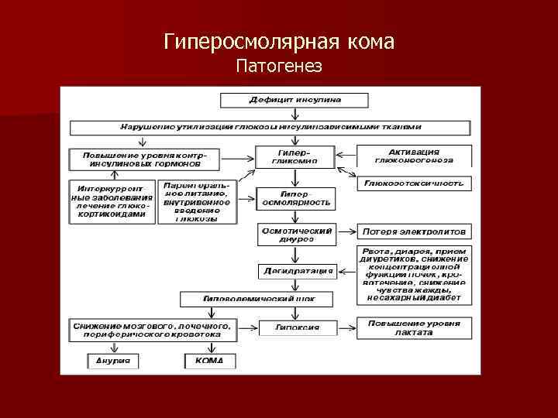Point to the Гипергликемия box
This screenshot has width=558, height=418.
pyautogui.click(x=294, y=157)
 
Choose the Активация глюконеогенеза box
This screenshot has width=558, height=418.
pyautogui.click(x=414, y=156)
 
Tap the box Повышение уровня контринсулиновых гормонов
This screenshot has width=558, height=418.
pyautogui.click(x=144, y=159)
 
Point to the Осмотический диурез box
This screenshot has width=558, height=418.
pyautogui.click(x=296, y=235)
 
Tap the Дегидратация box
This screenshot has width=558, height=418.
pyautogui.click(x=296, y=271)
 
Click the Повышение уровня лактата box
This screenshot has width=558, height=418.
pyautogui.click(x=414, y=327)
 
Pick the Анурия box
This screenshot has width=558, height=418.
pyautogui.click(x=112, y=360)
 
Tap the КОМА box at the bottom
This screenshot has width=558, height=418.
pyautogui.click(x=209, y=360)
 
